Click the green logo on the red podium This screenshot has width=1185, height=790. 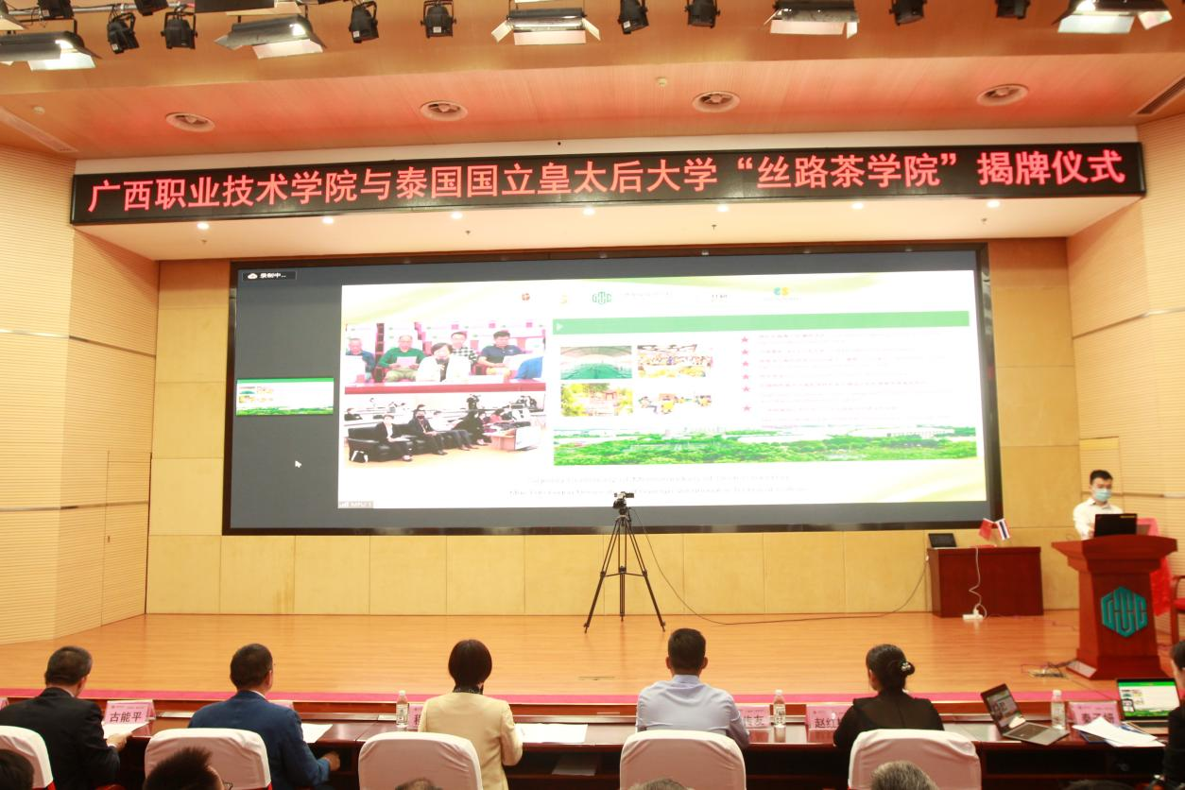pyautogui.click(x=1123, y=610)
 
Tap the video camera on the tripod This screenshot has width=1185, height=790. pyautogui.click(x=622, y=502)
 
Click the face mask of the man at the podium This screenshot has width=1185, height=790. pyautogui.click(x=1099, y=495)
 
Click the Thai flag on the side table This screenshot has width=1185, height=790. pyautogui.click(x=1001, y=529)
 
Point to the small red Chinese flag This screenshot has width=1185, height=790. pyautogui.click(x=987, y=530)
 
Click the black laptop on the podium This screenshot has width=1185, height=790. pyautogui.click(x=1115, y=524)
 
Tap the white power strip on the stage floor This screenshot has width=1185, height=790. pyautogui.click(x=972, y=616)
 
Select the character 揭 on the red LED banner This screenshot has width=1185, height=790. pyautogui.click(x=994, y=170)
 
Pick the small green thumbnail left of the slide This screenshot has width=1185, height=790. pyautogui.click(x=284, y=397)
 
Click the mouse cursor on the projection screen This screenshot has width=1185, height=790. pyautogui.click(x=298, y=464)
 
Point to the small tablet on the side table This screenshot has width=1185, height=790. pyautogui.click(x=942, y=541)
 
